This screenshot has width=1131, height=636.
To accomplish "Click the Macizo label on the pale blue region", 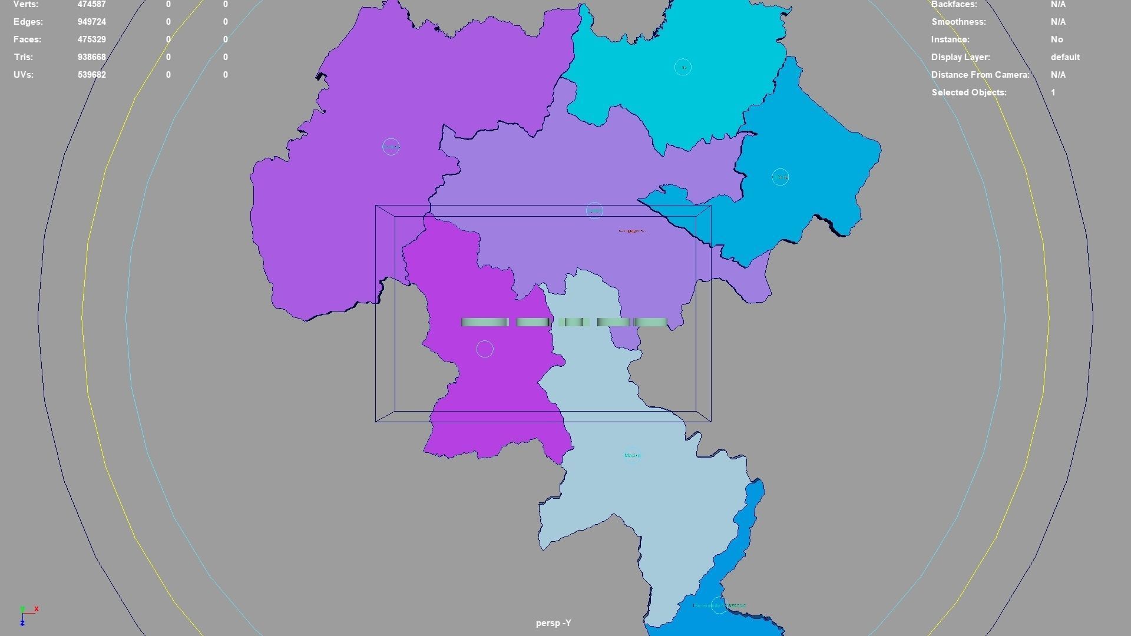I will pyautogui.click(x=632, y=455).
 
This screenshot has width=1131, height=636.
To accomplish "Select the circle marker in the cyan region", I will pyautogui.click(x=683, y=67).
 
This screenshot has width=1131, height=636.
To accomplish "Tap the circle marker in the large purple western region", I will pyautogui.click(x=391, y=147).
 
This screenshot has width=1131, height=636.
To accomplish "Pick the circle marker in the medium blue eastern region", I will pyautogui.click(x=780, y=177).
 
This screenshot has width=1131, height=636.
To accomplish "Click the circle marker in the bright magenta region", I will pyautogui.click(x=485, y=349).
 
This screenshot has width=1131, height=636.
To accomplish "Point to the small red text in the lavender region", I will pyautogui.click(x=632, y=231).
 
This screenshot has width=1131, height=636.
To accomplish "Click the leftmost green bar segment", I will pyautogui.click(x=484, y=322).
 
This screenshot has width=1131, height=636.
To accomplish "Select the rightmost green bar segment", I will pyautogui.click(x=650, y=322).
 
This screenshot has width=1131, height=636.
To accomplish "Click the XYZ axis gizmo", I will pyautogui.click(x=27, y=615).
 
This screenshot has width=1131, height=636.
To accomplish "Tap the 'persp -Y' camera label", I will pyautogui.click(x=553, y=623).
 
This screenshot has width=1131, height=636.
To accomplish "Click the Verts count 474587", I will pyautogui.click(x=91, y=5).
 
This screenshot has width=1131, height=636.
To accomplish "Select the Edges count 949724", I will pyautogui.click(x=91, y=22).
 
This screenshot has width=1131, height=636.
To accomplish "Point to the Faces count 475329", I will pyautogui.click(x=91, y=39).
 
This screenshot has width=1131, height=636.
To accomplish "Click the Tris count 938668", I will pyautogui.click(x=91, y=57).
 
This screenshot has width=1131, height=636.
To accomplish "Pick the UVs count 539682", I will pyautogui.click(x=91, y=75).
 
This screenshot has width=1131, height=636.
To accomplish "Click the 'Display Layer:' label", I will pyautogui.click(x=960, y=57).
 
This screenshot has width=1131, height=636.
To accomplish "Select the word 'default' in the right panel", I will pyautogui.click(x=1064, y=57).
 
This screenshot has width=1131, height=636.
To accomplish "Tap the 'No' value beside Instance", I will pyautogui.click(x=1056, y=39).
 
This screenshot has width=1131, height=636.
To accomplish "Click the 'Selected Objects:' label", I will pyautogui.click(x=968, y=92).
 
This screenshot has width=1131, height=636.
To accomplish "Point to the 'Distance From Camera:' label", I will pyautogui.click(x=980, y=75).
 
